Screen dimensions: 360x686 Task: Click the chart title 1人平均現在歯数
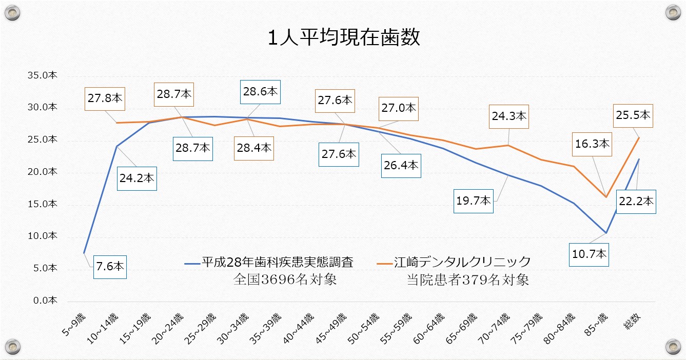click(343, 38)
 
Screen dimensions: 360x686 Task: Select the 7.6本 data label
click(110, 267)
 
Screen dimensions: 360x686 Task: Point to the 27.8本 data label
click(105, 98)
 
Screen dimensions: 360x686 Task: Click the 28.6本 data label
click(261, 92)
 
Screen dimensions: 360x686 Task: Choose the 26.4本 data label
click(401, 165)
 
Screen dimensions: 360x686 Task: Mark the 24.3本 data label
click(509, 116)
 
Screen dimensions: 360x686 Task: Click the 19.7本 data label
click(474, 201)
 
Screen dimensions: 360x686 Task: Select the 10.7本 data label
click(589, 253)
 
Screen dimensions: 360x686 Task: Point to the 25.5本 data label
click(633, 115)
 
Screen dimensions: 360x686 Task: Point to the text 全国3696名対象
click(285, 280)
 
